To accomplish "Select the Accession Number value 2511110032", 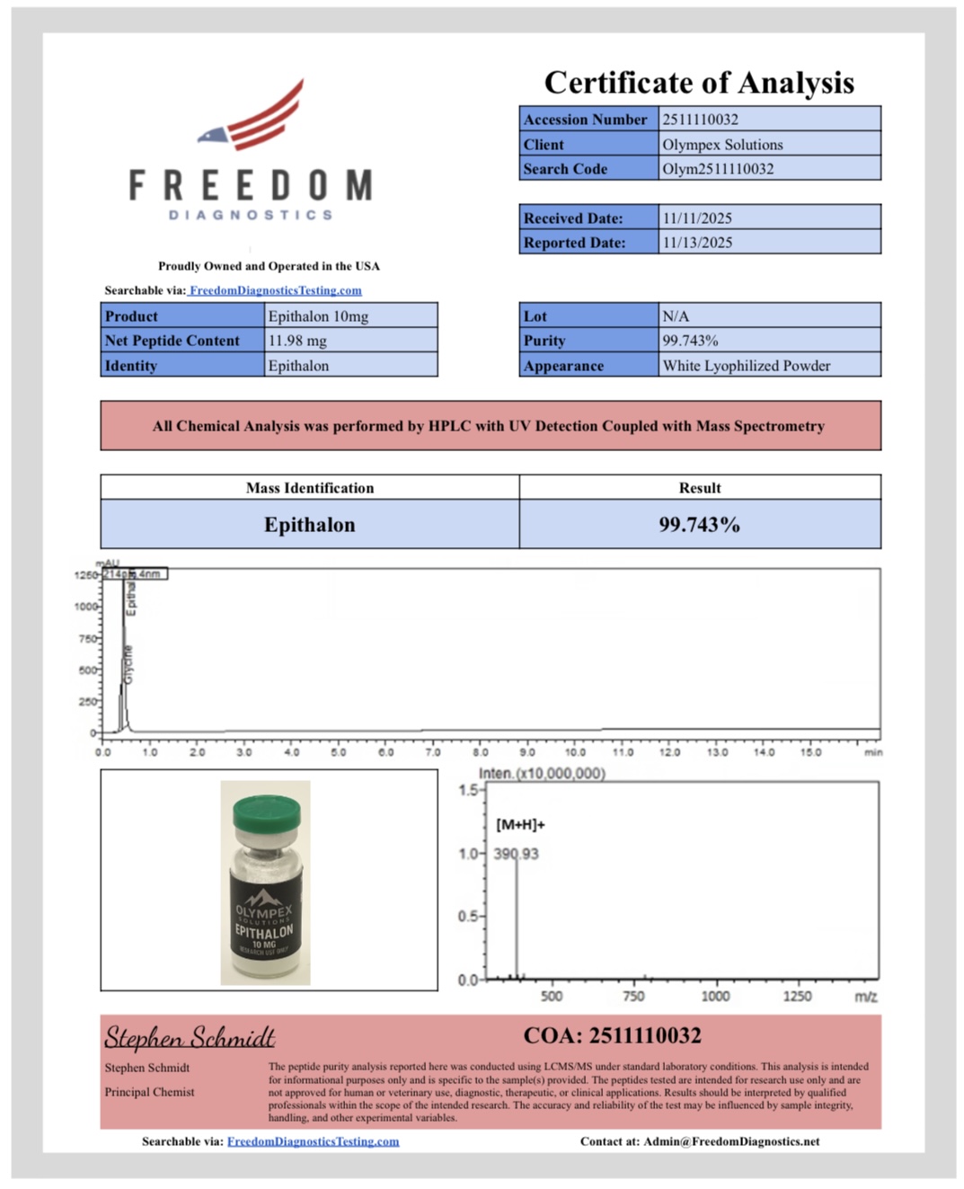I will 701,120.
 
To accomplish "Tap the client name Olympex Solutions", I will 722,145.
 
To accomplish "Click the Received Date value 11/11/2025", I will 697,218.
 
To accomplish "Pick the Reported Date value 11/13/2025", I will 697,243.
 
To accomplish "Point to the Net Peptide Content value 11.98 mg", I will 297,341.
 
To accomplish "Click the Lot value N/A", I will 676,316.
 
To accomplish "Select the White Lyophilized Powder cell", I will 746,366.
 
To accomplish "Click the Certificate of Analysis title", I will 699,83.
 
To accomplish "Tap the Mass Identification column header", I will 310,488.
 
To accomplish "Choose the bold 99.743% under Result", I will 699,525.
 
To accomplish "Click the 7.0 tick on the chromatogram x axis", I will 433,752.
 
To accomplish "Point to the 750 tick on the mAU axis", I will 86,639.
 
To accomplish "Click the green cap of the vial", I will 266,815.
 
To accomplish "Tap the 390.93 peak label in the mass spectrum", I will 517,854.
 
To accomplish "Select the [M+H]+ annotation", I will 520,825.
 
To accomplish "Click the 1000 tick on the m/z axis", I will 715,996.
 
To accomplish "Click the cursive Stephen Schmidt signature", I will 190,1037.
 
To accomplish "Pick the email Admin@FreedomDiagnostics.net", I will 731,1141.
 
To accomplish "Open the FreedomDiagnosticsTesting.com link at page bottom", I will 313,1141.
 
